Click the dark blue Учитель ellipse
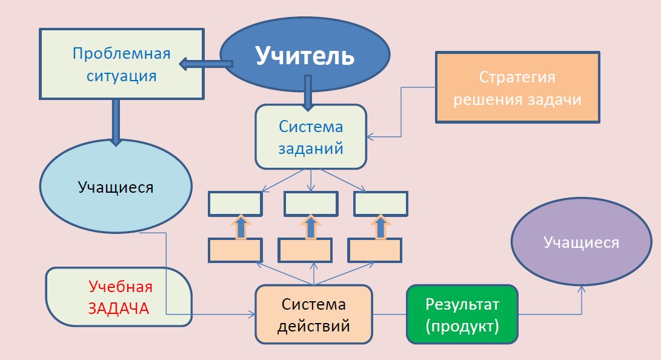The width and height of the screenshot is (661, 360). [305, 55]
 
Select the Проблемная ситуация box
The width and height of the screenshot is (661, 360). [121, 64]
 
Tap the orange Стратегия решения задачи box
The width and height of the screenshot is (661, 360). [517, 88]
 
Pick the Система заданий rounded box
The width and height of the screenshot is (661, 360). [310, 136]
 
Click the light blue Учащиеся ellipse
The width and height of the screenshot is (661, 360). [116, 187]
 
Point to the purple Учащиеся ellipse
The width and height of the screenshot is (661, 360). [581, 243]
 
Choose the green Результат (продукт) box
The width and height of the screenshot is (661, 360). [462, 315]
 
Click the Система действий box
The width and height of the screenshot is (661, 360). [313, 315]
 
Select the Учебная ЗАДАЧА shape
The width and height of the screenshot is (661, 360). [119, 297]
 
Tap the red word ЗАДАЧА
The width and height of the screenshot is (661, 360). [119, 308]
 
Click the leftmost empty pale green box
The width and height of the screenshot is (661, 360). [235, 204]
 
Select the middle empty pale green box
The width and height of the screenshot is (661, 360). [311, 204]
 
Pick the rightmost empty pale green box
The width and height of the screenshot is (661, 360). [380, 204]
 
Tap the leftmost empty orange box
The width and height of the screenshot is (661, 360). [235, 250]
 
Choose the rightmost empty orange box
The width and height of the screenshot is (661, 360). [374, 250]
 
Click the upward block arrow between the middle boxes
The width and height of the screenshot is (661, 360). [311, 227]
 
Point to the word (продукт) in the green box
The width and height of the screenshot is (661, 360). [462, 326]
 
